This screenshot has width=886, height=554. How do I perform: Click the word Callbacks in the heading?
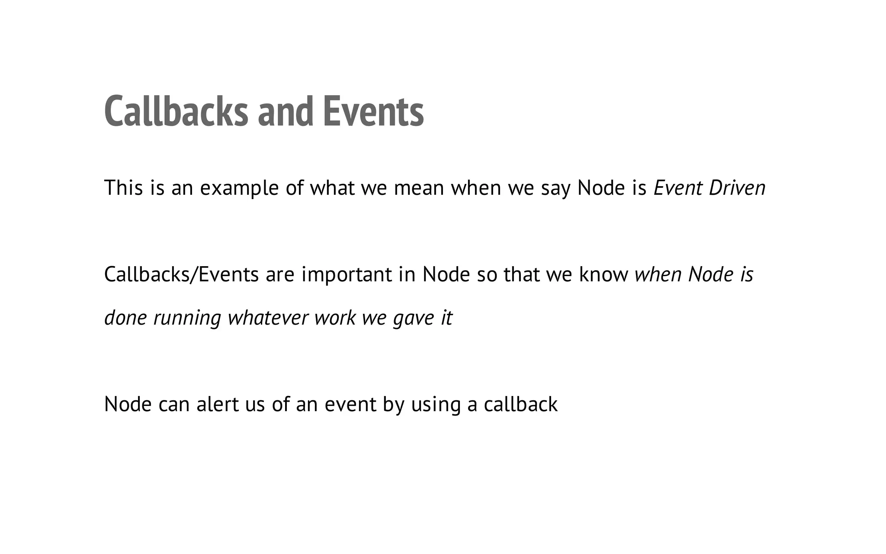pyautogui.click(x=176, y=112)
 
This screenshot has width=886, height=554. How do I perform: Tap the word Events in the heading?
pyautogui.click(x=373, y=112)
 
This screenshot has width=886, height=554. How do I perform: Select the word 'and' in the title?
pyautogui.click(x=285, y=112)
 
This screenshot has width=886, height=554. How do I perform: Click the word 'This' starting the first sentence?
pyautogui.click(x=124, y=188)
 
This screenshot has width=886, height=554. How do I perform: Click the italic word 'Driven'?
pyautogui.click(x=737, y=188)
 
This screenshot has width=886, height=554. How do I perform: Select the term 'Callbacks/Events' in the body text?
pyautogui.click(x=181, y=274)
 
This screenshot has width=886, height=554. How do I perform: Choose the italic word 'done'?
pyautogui.click(x=125, y=318)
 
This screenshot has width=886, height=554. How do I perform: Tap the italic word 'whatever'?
pyautogui.click(x=268, y=318)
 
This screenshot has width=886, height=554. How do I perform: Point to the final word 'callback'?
pyautogui.click(x=520, y=404)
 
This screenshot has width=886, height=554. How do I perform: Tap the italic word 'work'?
pyautogui.click(x=335, y=318)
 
